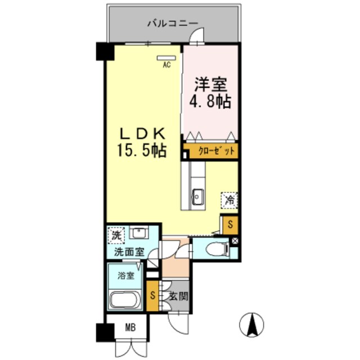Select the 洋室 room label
(x=210, y=85)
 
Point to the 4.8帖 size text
(x=210, y=103)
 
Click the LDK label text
(x=141, y=134)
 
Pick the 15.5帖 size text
(x=141, y=151)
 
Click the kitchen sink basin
(x=197, y=196)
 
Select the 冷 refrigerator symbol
(x=229, y=199)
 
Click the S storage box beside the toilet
(x=229, y=225)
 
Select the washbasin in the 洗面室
(x=138, y=232)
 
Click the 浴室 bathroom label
(x=126, y=276)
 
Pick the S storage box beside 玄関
(x=152, y=295)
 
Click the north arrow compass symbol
(x=252, y=325)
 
